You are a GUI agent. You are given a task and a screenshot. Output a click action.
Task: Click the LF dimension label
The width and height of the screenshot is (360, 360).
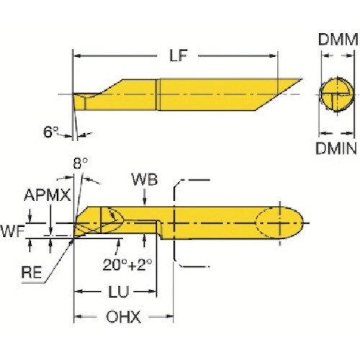tap(176, 55)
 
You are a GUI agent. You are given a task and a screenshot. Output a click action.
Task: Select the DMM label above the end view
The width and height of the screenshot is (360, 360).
tap(337, 42)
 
